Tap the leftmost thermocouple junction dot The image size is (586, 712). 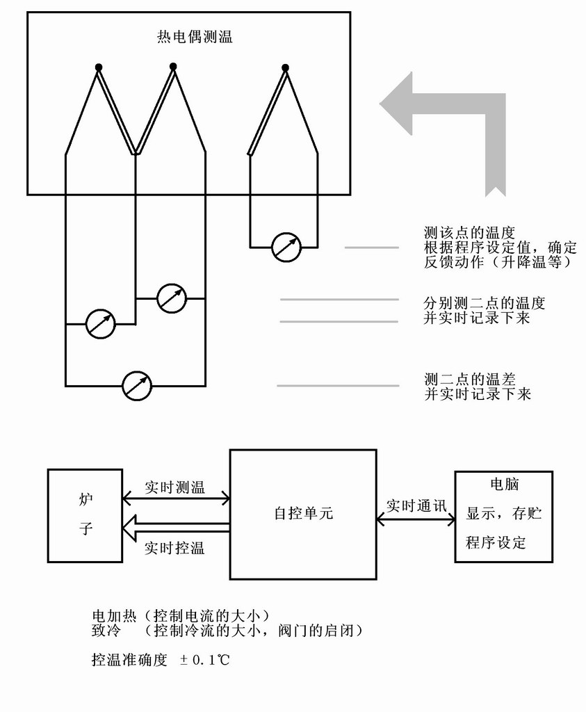coord(99,67)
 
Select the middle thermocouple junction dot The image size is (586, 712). coord(173,66)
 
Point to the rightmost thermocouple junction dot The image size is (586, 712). coord(285,67)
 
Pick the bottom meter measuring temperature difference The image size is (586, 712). coord(136,385)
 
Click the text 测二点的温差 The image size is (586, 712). coord(469,379)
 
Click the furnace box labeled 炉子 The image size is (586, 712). coord(85,515)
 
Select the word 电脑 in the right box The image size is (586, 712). coord(504,485)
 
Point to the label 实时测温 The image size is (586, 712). coord(174,487)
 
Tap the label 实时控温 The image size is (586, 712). coord(174,548)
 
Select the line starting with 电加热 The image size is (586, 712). coord(181,616)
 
